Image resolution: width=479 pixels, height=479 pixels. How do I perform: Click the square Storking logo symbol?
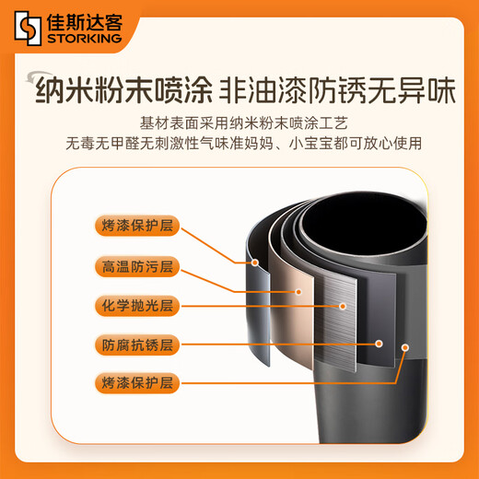(28, 29)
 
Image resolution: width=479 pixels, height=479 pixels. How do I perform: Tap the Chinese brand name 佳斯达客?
(85, 22)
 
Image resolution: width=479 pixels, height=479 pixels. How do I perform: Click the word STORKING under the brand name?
(85, 39)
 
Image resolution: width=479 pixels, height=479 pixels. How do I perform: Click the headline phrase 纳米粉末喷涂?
(123, 90)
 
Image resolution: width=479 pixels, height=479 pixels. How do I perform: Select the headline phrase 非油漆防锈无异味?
(337, 90)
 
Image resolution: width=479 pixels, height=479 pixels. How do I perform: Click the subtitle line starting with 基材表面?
(244, 123)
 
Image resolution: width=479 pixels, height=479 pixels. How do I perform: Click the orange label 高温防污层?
(137, 266)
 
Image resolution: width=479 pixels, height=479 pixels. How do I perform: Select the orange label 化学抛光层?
(137, 306)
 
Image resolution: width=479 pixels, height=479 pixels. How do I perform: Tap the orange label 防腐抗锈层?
(137, 345)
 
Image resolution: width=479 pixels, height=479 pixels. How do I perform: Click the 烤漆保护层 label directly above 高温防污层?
(137, 226)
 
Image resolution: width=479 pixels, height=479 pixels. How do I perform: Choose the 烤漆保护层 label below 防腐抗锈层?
(137, 383)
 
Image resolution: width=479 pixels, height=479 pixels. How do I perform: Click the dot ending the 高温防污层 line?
(298, 292)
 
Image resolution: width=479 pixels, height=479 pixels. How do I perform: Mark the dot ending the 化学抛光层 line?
(343, 306)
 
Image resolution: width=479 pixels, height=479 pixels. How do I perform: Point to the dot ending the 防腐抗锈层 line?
(379, 344)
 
